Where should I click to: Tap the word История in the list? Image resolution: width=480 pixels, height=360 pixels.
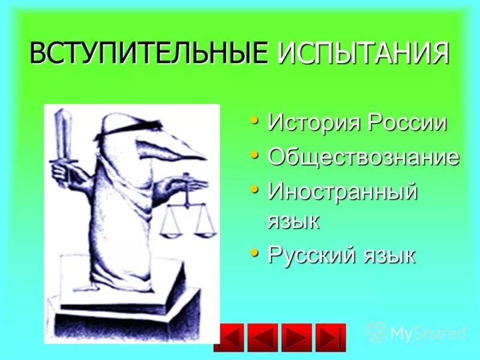[x=310, y=123]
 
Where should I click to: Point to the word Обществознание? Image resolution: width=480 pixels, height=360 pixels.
[x=364, y=157]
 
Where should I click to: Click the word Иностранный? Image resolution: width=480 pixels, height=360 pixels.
[x=342, y=192]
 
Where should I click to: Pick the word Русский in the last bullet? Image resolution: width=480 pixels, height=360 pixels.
[x=311, y=255]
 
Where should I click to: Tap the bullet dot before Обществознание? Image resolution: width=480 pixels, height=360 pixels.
[x=256, y=155]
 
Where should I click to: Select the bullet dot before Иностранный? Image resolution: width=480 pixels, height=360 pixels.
[x=256, y=190]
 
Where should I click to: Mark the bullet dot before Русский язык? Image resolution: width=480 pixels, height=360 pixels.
[x=256, y=253]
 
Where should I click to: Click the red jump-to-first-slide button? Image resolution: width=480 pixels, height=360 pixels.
[x=229, y=337]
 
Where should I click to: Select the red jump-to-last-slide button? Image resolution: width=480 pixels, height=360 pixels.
[x=331, y=337]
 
